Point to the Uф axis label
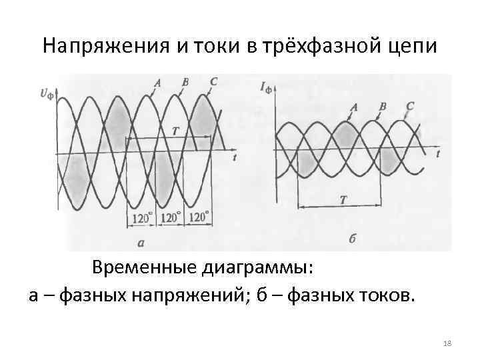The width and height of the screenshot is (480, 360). click(47, 94)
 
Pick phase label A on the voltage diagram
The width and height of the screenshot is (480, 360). click(157, 83)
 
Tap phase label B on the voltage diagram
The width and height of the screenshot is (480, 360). click(185, 82)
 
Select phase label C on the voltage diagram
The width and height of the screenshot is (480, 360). click(213, 82)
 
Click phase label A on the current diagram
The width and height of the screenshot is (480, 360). click(353, 107)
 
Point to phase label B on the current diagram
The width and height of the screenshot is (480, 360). click(383, 106)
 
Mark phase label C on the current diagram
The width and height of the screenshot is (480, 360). click(409, 106)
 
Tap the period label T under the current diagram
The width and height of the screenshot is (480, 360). click(342, 199)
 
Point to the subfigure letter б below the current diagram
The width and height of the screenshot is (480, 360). click(351, 239)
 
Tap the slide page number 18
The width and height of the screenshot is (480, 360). click(447, 343)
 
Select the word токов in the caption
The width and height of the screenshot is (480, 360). click(379, 295)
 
